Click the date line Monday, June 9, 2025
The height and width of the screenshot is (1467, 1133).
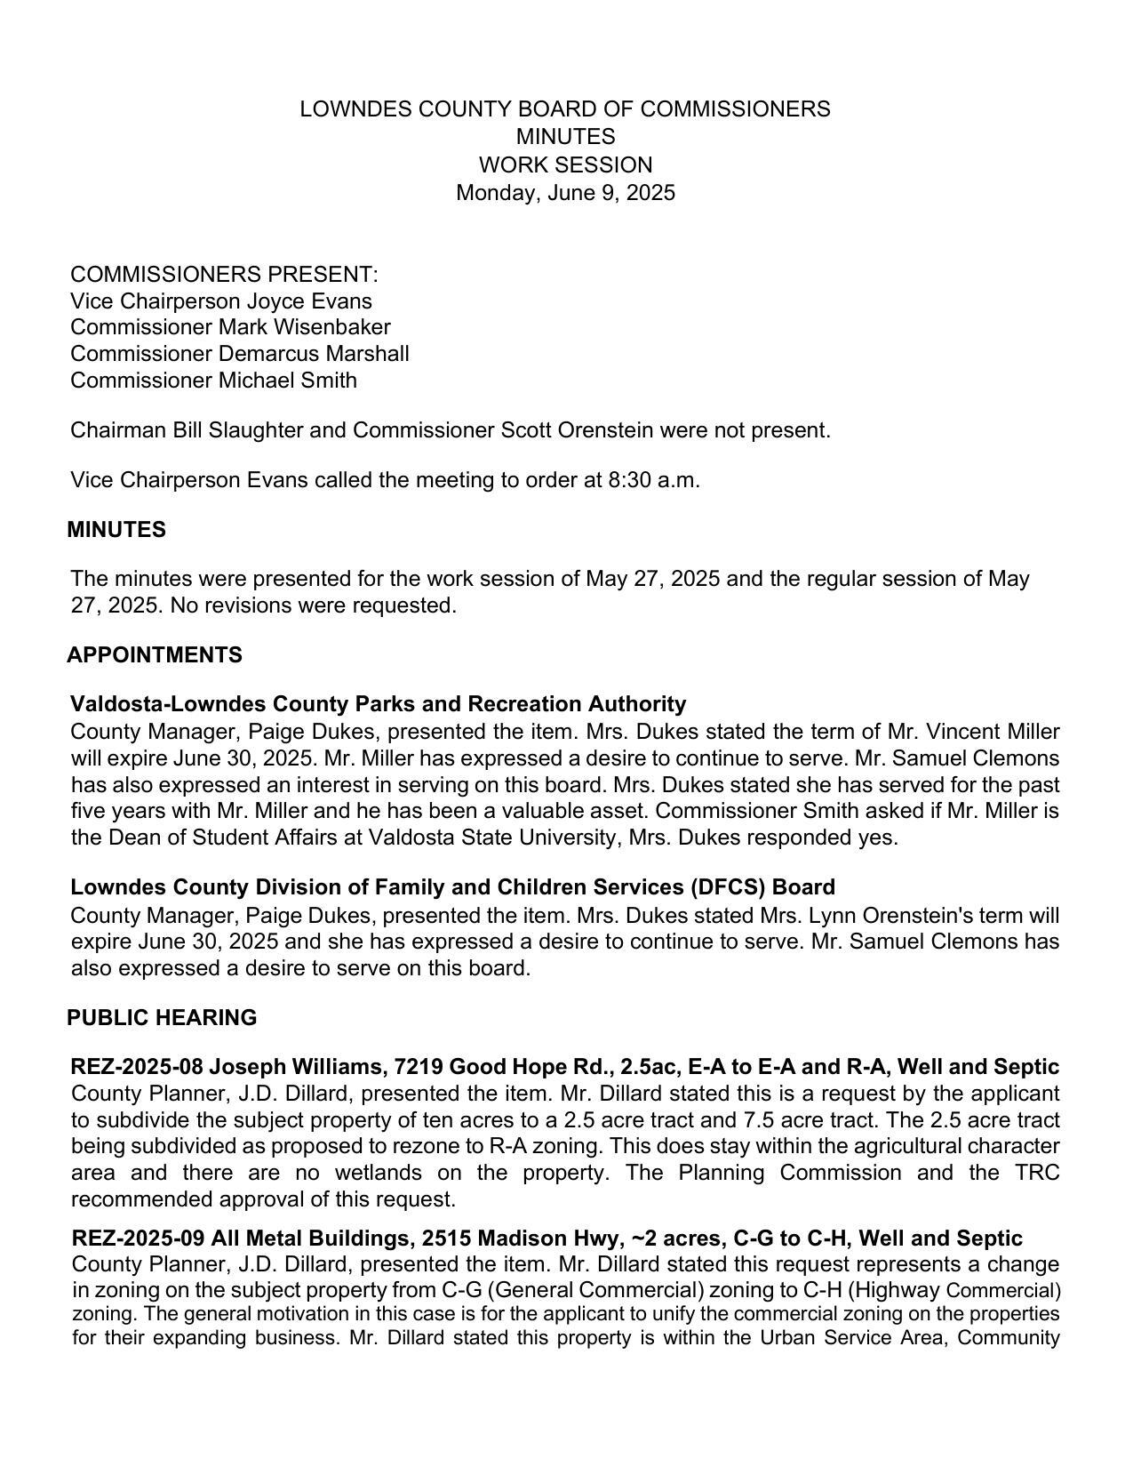(x=565, y=193)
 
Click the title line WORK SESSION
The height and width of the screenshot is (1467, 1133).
(x=565, y=165)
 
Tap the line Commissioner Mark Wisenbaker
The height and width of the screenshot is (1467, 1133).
(x=230, y=327)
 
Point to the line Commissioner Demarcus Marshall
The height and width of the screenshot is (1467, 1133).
(x=239, y=354)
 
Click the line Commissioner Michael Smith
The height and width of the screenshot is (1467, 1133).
(x=213, y=381)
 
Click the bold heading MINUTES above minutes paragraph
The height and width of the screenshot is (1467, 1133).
(x=116, y=530)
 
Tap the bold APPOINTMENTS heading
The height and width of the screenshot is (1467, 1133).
(x=155, y=655)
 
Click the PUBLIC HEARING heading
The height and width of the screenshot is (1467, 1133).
(x=162, y=1018)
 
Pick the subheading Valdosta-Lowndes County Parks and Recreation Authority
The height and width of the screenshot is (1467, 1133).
(x=378, y=704)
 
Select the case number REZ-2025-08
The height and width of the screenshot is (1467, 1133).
(x=136, y=1067)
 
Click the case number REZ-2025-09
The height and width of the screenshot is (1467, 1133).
(x=136, y=1239)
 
